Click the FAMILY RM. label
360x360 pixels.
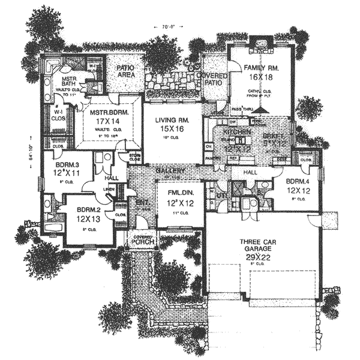tap(259, 68)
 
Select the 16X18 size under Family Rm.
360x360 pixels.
tap(259, 77)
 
